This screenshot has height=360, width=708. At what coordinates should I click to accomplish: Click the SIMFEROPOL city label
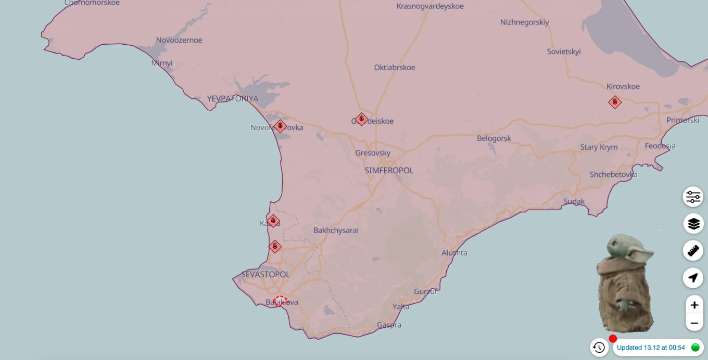click(x=389, y=171)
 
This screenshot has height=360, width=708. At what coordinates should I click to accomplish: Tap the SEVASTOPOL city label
click(x=265, y=274)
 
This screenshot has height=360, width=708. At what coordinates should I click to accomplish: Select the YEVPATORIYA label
click(x=232, y=98)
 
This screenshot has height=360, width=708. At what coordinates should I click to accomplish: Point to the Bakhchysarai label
click(x=336, y=230)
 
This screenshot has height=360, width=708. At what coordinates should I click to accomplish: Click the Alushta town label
click(x=454, y=253)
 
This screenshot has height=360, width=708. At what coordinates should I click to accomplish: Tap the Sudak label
click(x=574, y=201)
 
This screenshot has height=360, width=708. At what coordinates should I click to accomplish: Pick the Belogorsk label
click(x=494, y=138)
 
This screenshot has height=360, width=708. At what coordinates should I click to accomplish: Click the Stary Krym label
click(x=599, y=147)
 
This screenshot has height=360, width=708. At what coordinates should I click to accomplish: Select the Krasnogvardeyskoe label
click(x=430, y=6)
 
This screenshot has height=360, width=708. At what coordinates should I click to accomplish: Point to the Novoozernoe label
click(x=179, y=40)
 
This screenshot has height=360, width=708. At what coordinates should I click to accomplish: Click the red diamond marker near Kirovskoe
click(x=615, y=102)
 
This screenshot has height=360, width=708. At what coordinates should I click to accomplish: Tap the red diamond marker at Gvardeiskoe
click(x=361, y=119)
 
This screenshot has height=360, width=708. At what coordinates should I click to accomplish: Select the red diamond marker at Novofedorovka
click(x=280, y=126)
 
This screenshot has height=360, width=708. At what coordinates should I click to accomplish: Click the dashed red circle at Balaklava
click(x=280, y=301)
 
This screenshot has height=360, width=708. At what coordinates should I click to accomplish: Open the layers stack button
click(x=693, y=224)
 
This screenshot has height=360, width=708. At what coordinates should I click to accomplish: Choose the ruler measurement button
click(x=693, y=251)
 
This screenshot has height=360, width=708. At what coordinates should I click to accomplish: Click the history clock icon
click(x=599, y=347)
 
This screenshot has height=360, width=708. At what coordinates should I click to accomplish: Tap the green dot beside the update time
click(x=695, y=347)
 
